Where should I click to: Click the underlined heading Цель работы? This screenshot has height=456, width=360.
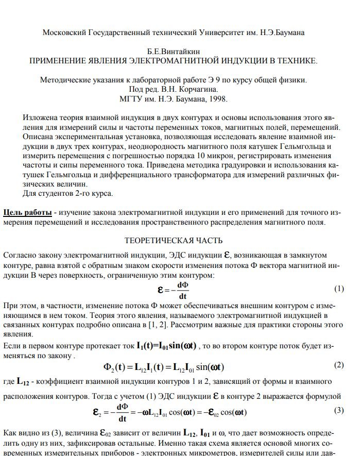click(x=27, y=213)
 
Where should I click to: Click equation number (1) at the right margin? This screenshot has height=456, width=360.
click(x=338, y=288)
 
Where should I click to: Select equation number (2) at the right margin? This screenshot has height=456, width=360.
click(x=338, y=365)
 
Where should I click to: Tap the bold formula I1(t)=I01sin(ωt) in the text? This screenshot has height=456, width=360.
click(x=159, y=346)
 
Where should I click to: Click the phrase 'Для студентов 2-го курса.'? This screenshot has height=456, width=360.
click(x=68, y=194)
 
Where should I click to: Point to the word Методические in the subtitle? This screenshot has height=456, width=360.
click(x=62, y=80)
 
